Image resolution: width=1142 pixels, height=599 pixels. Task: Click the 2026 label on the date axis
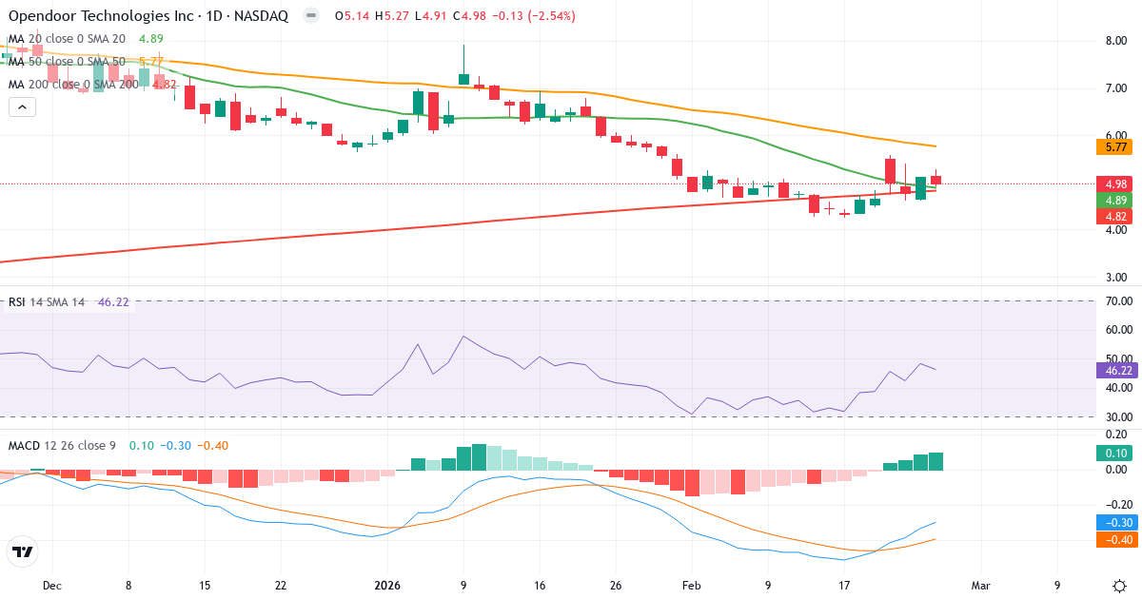coord(388,585)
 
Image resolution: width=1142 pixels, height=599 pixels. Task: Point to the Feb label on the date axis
coord(692,585)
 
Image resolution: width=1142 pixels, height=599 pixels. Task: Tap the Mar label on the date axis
coord(981,585)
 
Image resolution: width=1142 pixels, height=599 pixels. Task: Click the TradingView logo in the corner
coord(23,551)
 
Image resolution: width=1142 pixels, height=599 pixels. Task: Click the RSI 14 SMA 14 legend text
coord(47,301)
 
